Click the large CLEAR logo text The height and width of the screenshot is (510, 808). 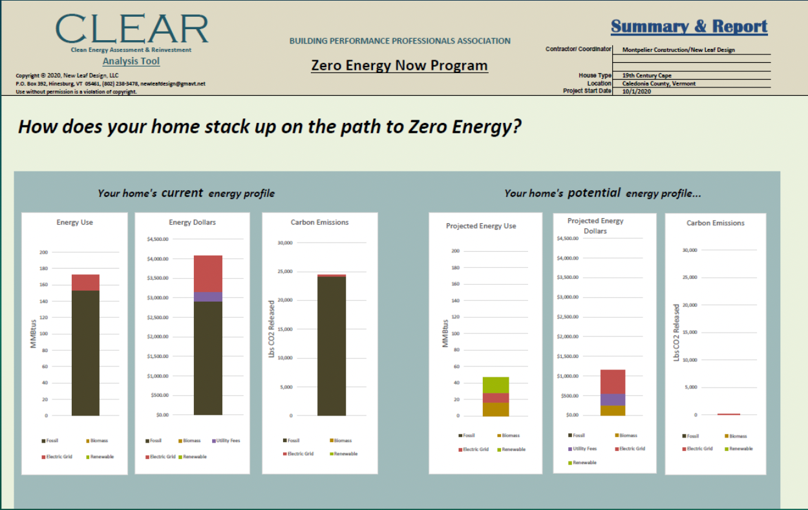point(132,29)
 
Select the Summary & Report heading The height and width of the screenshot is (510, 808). point(689,27)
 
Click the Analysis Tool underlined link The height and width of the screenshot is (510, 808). point(131,61)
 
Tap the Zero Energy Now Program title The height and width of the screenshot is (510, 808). point(399,66)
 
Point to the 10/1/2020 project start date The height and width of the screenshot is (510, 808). point(637,91)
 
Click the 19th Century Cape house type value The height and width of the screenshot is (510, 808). point(646,76)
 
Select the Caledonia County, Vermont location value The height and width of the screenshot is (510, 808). point(659,83)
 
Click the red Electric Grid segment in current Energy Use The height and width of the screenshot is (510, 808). point(85,283)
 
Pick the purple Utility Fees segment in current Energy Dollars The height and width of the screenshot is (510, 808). point(208,296)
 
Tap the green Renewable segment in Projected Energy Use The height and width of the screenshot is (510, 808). point(495,385)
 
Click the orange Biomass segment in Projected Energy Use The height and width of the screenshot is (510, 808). point(495,409)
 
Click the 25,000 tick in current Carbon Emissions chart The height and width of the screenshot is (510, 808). point(284,272)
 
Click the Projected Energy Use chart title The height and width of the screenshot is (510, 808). point(481,226)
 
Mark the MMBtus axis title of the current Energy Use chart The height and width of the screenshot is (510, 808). point(34,333)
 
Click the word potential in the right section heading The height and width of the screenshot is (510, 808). point(595,193)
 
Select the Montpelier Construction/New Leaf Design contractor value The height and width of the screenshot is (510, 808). point(678,50)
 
